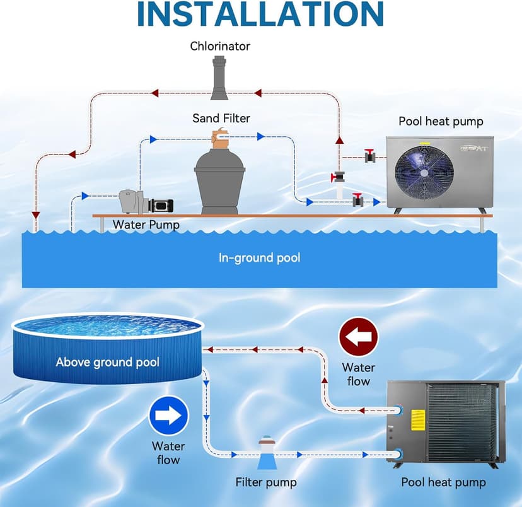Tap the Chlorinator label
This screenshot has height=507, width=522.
[220, 46]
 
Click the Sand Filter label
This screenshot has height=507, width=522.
[221, 118]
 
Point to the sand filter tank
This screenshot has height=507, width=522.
[219, 180]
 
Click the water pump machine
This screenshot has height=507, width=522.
[145, 203]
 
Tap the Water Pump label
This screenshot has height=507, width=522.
[146, 224]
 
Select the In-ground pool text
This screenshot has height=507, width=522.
[259, 257]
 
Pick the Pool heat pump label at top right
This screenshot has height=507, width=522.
[441, 122]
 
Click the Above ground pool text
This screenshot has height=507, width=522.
[107, 362]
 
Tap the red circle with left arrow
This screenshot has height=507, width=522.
[358, 337]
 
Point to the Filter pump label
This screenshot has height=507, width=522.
[266, 482]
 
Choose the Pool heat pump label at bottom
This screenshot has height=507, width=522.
[443, 482]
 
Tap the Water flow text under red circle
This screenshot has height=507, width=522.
[358, 374]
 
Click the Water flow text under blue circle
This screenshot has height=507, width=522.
[168, 453]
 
